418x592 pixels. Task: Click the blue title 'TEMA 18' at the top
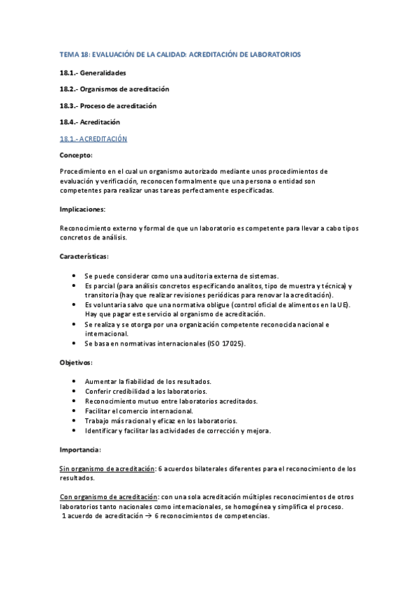point(72,54)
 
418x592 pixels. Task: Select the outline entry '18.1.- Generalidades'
point(93,73)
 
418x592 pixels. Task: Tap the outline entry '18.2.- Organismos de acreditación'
point(114,89)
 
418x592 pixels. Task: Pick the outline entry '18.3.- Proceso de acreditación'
point(108,105)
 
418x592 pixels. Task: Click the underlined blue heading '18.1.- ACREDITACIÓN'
point(94,139)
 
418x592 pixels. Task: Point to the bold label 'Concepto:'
point(76,155)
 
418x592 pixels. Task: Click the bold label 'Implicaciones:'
point(82,209)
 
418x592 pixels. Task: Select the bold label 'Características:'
point(84,256)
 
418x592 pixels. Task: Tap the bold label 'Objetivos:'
point(76,363)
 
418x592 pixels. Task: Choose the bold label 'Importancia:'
point(81,449)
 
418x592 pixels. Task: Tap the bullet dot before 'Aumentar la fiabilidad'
point(75,381)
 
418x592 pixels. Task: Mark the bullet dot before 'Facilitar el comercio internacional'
point(75,410)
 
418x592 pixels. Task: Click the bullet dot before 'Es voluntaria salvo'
point(75,305)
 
